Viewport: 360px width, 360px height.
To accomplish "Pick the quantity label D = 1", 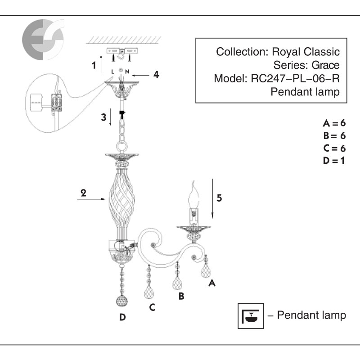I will tap(334, 160).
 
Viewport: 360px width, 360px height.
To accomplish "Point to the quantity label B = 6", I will tap(334, 135).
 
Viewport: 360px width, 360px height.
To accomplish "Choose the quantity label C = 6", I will tap(334, 148).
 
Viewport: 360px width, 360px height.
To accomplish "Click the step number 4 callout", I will tap(156, 74).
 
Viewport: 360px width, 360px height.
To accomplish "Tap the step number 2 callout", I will tap(83, 192).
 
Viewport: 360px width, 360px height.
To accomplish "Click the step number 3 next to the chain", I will tap(103, 117).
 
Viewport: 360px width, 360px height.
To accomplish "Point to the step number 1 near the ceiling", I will tap(94, 65).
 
